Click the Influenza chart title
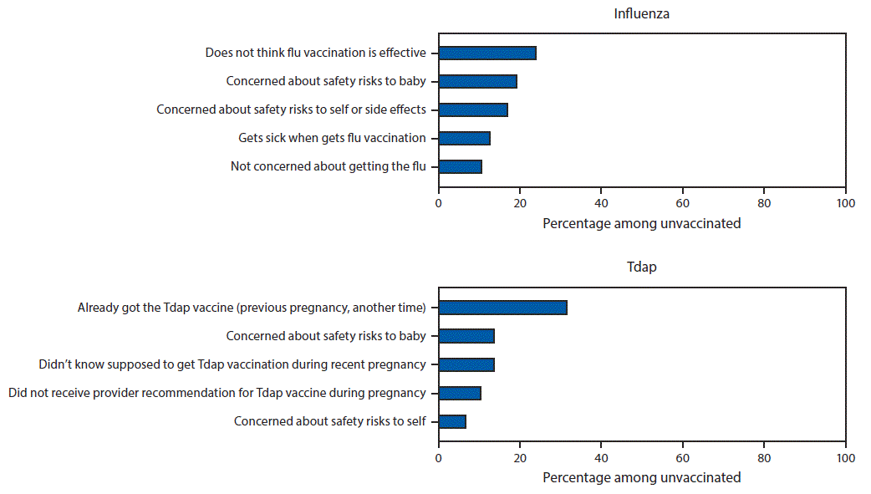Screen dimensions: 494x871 pyautogui.click(x=641, y=13)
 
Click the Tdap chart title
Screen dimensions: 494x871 pyautogui.click(x=641, y=267)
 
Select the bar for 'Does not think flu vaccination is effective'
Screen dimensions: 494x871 pyautogui.click(x=487, y=53)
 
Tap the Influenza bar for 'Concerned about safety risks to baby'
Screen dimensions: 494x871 pyautogui.click(x=477, y=81)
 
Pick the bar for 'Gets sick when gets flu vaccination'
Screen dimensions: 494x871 pyautogui.click(x=464, y=138)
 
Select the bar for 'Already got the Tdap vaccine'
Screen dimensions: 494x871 pyautogui.click(x=502, y=308)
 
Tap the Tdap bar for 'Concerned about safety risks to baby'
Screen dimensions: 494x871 pyautogui.click(x=466, y=336)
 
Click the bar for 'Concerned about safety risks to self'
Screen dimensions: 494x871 pyautogui.click(x=452, y=421)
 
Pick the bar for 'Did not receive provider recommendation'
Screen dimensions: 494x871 pyautogui.click(x=460, y=393)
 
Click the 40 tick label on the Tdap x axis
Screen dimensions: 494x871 pyautogui.click(x=601, y=458)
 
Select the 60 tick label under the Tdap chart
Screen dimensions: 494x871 pyautogui.click(x=682, y=458)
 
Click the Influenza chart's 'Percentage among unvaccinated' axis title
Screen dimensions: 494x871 pyautogui.click(x=641, y=223)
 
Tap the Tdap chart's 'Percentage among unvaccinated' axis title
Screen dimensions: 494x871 pyautogui.click(x=641, y=477)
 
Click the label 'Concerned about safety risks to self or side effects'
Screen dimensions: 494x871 pyautogui.click(x=291, y=109)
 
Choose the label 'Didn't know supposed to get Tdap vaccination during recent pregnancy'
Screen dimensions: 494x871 pyautogui.click(x=232, y=364)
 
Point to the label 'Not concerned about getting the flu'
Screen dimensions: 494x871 pyautogui.click(x=328, y=166)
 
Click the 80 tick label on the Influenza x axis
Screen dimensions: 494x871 pyautogui.click(x=763, y=204)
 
